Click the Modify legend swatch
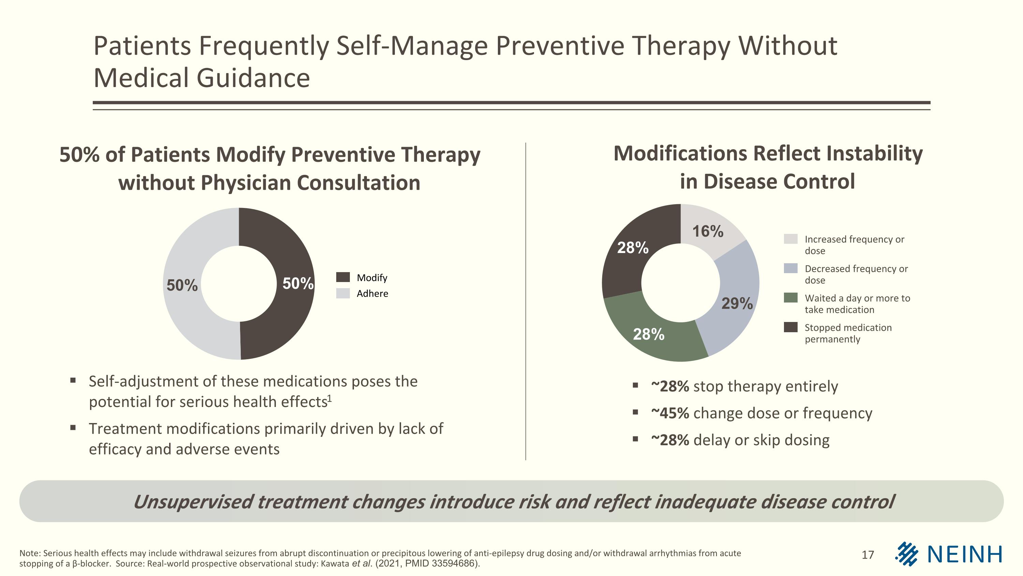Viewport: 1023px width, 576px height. (343, 277)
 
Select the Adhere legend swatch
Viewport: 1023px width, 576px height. (343, 293)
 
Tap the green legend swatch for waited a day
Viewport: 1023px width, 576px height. (790, 298)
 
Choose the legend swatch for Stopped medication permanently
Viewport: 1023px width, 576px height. (790, 327)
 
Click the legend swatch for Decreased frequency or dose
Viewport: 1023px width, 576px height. (790, 268)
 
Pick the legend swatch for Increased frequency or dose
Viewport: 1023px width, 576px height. (790, 239)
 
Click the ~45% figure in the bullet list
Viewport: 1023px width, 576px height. (670, 413)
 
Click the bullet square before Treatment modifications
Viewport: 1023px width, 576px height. (73, 428)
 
